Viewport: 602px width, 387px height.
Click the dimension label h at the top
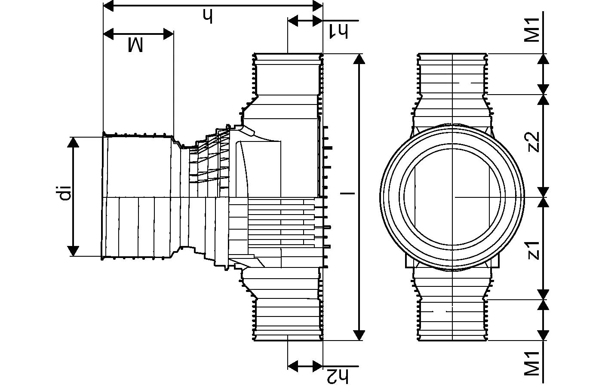point(208,17)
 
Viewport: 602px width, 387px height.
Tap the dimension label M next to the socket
point(136,45)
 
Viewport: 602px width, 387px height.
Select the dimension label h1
point(338,31)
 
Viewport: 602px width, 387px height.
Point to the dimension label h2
point(338,376)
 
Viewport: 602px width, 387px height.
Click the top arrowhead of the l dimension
point(359,59)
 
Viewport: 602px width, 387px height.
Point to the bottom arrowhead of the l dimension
point(359,335)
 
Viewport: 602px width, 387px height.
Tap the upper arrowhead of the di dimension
point(74,142)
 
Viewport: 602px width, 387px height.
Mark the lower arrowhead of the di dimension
point(74,251)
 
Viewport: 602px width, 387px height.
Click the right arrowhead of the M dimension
point(168,34)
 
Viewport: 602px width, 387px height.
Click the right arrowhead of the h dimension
point(317,6)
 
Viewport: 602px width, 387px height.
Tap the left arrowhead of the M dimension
point(110,34)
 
